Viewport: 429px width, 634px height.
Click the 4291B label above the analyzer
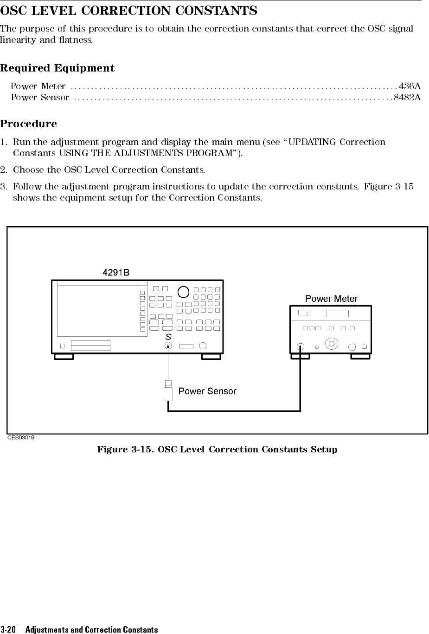pos(115,273)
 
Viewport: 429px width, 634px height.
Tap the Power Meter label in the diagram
pos(331,299)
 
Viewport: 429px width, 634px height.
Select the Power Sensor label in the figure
pos(207,391)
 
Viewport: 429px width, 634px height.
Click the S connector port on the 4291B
pos(168,346)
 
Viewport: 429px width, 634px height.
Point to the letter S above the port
pos(168,336)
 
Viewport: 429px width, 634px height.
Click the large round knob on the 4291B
pos(183,291)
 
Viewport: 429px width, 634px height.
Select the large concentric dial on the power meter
pos(331,344)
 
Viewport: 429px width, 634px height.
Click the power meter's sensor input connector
pos(301,346)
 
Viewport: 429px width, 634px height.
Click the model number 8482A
pos(407,97)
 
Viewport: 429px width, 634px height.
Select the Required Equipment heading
pos(57,68)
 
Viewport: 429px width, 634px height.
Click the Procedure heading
pos(28,124)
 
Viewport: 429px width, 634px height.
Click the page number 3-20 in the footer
pos(8,629)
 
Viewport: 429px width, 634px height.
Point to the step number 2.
pos(3,170)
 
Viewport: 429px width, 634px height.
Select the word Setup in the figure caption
pos(324,450)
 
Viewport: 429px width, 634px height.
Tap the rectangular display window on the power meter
pos(337,313)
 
